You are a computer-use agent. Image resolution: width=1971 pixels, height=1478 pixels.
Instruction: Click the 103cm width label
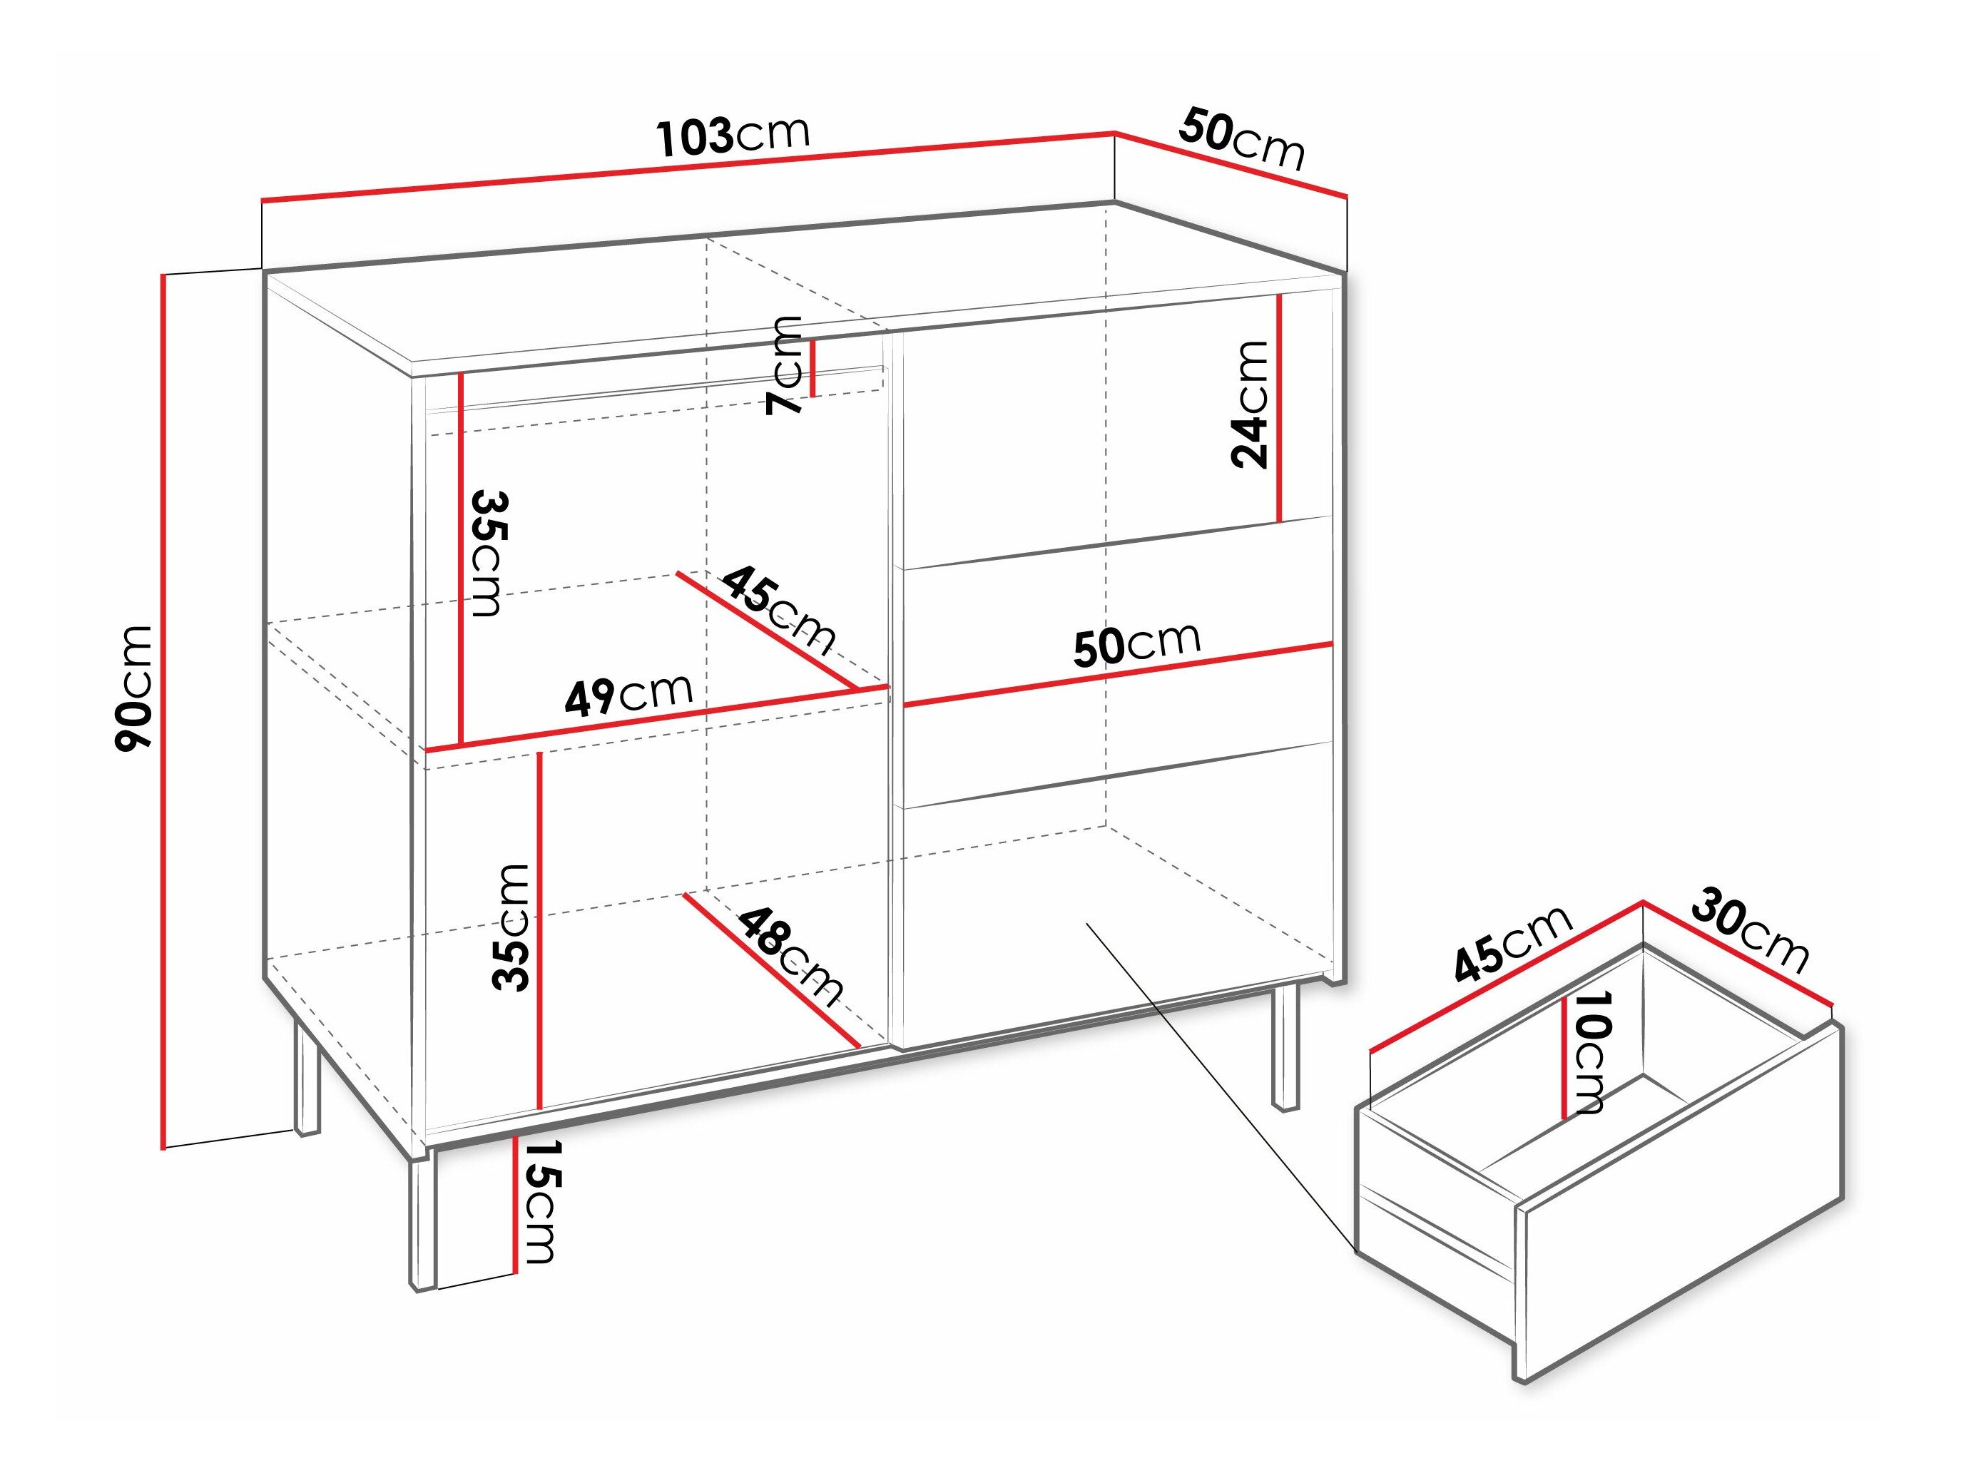(x=733, y=135)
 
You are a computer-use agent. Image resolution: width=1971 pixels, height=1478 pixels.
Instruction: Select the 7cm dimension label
(x=784, y=365)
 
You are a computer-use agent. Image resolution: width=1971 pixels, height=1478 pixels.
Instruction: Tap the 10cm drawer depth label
(x=1587, y=1052)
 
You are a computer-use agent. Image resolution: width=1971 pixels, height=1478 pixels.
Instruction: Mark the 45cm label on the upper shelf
(x=778, y=609)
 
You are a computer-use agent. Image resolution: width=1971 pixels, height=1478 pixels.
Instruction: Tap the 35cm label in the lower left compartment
(x=511, y=927)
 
